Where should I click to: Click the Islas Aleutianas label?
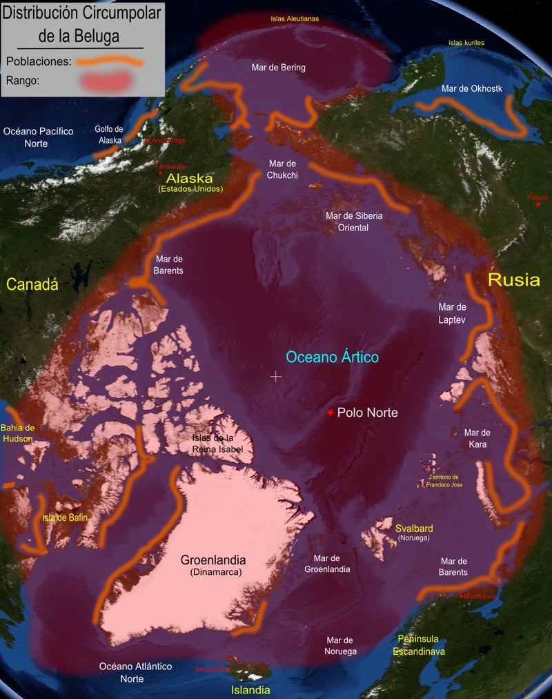295,19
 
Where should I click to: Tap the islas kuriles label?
466,43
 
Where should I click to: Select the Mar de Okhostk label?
472,88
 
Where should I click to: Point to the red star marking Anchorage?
147,141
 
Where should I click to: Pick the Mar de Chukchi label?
282,169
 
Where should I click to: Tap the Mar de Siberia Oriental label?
354,221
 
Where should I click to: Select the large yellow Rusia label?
514,279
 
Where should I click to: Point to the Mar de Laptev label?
453,313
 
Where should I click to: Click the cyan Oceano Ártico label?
333,357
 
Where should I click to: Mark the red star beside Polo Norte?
331,413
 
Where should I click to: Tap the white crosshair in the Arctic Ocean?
276,376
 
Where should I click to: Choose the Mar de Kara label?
477,438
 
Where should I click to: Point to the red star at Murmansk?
462,596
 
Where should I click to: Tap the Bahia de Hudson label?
18,433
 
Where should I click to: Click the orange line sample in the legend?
110,61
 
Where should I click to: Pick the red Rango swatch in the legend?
111,81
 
